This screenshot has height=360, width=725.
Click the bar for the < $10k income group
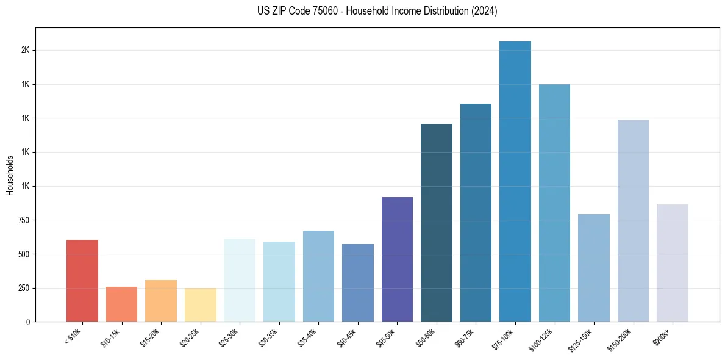tap(82, 281)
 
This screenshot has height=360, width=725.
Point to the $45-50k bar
tap(397, 259)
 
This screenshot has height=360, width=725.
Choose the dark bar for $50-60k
tap(437, 223)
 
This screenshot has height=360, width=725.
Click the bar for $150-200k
tap(633, 221)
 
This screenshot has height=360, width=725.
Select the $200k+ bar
tap(673, 263)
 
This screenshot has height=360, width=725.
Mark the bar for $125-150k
tap(594, 268)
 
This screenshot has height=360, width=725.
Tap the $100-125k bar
tap(554, 203)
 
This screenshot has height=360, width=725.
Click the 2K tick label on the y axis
tap(25, 50)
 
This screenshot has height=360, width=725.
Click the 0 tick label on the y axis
tap(28, 322)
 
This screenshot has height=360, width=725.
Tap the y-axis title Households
tap(10, 175)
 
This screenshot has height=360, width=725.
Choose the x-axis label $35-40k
tap(308, 337)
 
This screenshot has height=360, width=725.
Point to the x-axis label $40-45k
tap(347, 337)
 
